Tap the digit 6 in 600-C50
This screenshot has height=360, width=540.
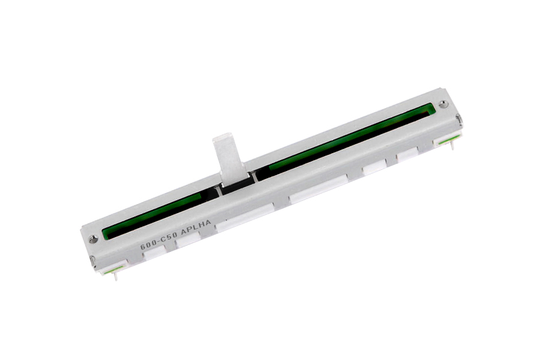(x=143, y=246)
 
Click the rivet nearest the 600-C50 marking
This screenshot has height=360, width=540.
(x=92, y=239)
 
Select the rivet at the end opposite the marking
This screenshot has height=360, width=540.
(x=443, y=103)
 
